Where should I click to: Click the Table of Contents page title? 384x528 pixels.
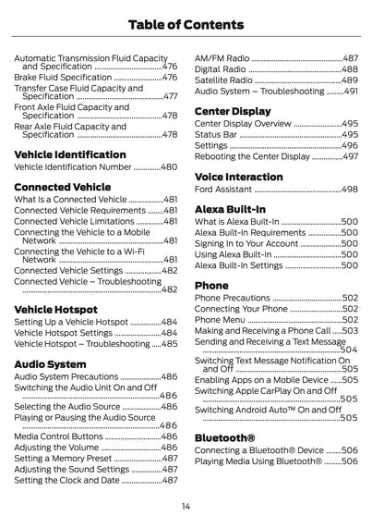point(192,25)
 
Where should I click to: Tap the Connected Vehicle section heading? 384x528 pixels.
point(63,187)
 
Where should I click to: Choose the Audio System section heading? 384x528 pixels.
point(51,364)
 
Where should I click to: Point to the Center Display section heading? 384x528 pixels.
point(233,111)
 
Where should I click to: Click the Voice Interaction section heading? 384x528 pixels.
point(239,176)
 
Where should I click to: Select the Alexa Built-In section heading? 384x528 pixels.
point(230,209)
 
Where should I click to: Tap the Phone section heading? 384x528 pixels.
point(211,286)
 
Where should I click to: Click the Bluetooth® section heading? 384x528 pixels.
point(225,436)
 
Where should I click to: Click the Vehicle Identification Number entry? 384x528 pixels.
point(73,167)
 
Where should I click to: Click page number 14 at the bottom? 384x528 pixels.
point(186,506)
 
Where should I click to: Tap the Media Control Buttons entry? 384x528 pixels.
point(59,436)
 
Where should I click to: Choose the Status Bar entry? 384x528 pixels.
point(216,134)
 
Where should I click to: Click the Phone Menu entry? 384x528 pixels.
point(220,319)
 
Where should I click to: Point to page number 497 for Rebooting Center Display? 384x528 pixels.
point(349,156)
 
